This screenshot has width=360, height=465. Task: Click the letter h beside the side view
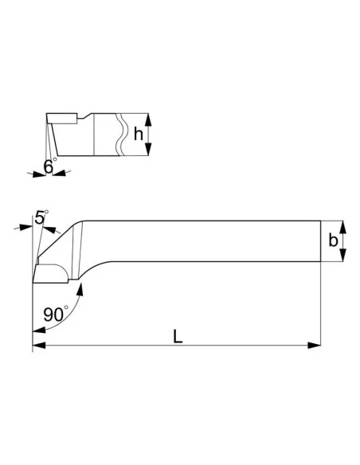[139, 135]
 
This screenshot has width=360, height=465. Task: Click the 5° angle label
[41, 216]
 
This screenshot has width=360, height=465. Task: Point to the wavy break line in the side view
[120, 135]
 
